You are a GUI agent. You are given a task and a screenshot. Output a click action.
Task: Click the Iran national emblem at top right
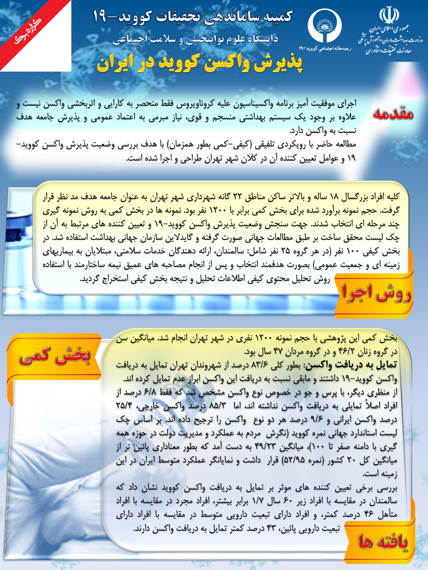389,15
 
